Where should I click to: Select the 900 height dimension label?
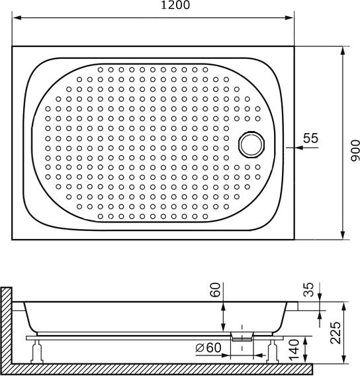[354, 152]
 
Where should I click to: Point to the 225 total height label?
[336, 332]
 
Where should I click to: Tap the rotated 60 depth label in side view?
[214, 290]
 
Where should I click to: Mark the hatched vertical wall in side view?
[7, 328]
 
